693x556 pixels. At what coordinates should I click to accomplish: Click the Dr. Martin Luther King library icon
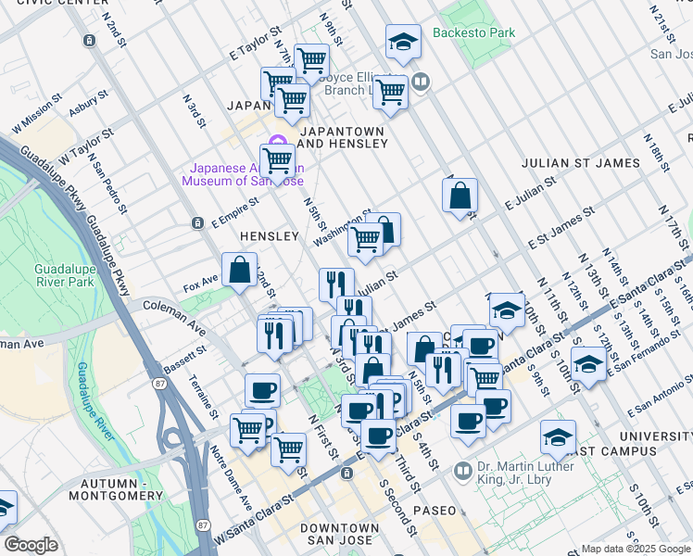click(x=463, y=473)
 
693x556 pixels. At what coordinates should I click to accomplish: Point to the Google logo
click(x=31, y=545)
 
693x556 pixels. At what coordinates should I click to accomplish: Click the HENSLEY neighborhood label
click(x=270, y=237)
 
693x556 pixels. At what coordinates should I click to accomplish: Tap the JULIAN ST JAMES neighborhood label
click(x=581, y=163)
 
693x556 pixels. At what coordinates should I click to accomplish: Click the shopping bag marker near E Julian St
click(x=460, y=196)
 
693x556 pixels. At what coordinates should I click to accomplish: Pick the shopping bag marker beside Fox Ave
click(x=239, y=270)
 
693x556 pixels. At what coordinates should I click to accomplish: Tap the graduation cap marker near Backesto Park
click(x=402, y=42)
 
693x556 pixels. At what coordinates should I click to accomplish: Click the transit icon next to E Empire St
click(x=196, y=223)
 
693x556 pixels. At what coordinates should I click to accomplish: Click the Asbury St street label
click(x=89, y=104)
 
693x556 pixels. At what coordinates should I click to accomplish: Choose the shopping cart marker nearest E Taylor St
click(x=311, y=61)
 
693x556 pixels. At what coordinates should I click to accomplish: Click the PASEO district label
click(x=435, y=511)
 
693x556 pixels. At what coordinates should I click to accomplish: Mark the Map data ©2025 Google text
click(x=635, y=549)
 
